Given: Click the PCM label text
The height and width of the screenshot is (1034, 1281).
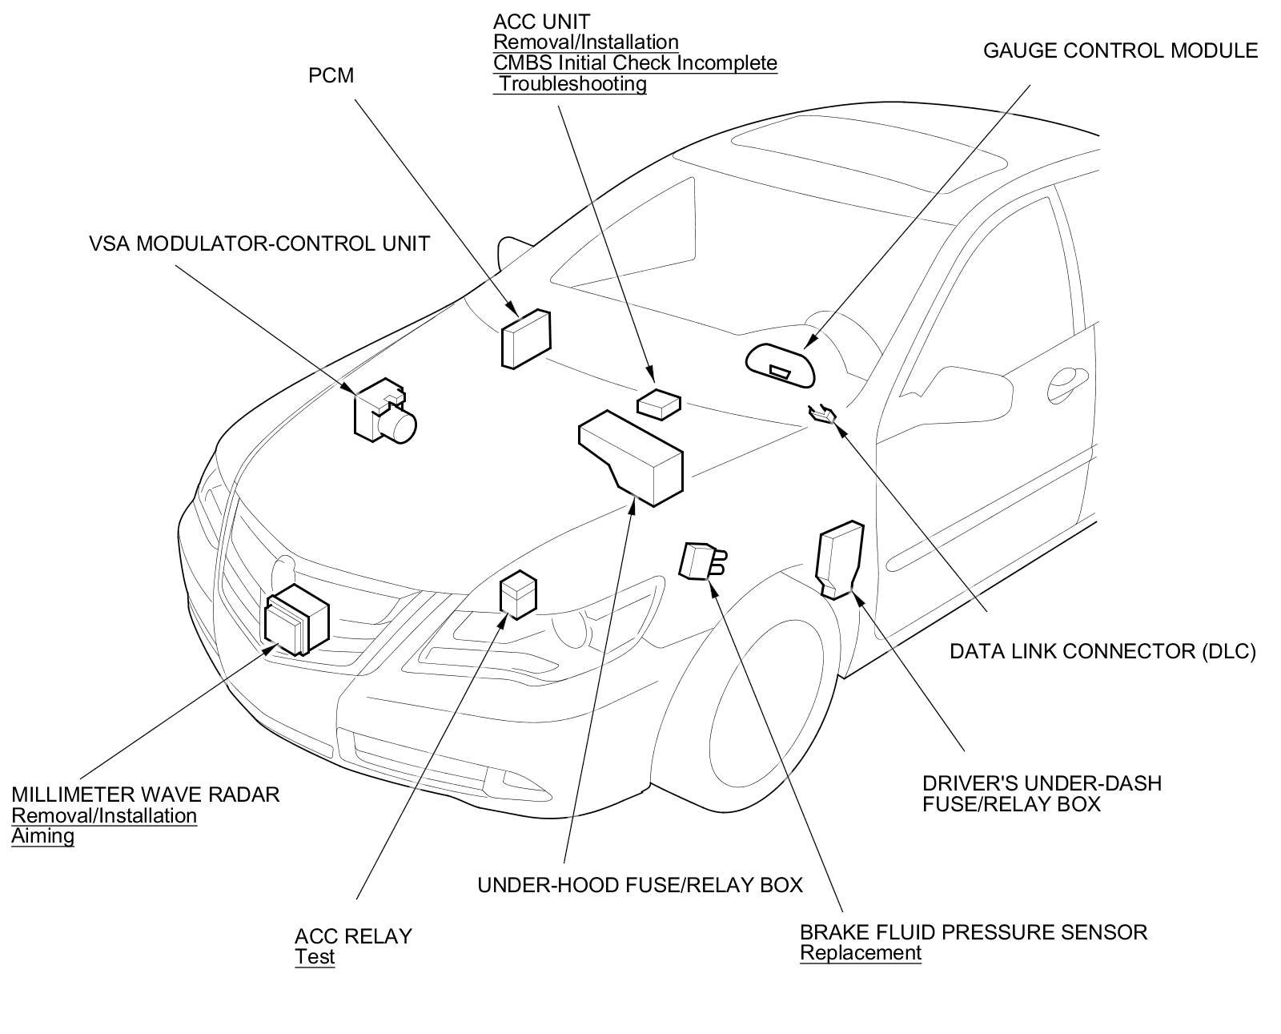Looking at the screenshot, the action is pyautogui.click(x=331, y=75).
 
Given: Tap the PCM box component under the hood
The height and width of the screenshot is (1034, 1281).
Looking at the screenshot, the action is pyautogui.click(x=526, y=339).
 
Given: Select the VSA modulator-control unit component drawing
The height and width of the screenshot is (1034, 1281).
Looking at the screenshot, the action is pyautogui.click(x=385, y=412).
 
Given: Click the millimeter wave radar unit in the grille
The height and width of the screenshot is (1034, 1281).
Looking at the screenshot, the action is pyautogui.click(x=297, y=620).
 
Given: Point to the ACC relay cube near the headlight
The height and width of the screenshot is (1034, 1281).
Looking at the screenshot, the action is pyautogui.click(x=519, y=594).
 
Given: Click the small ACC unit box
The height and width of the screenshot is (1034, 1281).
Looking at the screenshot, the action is pyautogui.click(x=659, y=405).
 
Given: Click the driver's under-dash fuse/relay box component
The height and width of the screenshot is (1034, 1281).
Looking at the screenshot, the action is pyautogui.click(x=840, y=560).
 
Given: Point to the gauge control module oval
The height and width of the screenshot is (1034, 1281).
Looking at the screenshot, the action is pyautogui.click(x=779, y=366).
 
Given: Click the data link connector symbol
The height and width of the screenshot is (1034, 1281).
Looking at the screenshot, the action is pyautogui.click(x=822, y=412).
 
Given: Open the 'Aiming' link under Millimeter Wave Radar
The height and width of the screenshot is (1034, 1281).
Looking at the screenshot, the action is pyautogui.click(x=43, y=836).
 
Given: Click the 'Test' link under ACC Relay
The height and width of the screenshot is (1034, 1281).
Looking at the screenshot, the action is pyautogui.click(x=315, y=957).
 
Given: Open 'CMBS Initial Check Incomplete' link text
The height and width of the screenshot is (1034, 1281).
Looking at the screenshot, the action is pyautogui.click(x=635, y=63).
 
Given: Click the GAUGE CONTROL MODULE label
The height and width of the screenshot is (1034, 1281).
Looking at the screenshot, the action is pyautogui.click(x=1120, y=50).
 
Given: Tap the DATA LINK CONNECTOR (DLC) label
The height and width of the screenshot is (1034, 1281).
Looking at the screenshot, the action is pyautogui.click(x=1102, y=651).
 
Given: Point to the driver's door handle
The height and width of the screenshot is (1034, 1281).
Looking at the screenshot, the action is pyautogui.click(x=1068, y=384).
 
